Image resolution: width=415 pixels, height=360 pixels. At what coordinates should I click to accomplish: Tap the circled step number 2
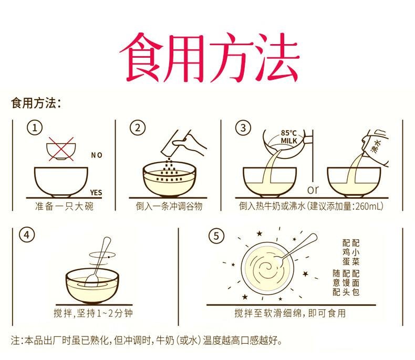(x=137, y=129)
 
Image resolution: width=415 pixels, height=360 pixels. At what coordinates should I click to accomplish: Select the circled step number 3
(x=243, y=129)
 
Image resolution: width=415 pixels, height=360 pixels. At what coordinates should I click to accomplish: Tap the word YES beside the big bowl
(x=96, y=192)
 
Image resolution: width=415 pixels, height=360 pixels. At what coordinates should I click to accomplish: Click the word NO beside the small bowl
(x=97, y=155)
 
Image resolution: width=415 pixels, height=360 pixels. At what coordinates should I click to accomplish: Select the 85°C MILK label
(x=289, y=137)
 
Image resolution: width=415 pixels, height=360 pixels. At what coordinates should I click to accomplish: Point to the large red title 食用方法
(x=207, y=56)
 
